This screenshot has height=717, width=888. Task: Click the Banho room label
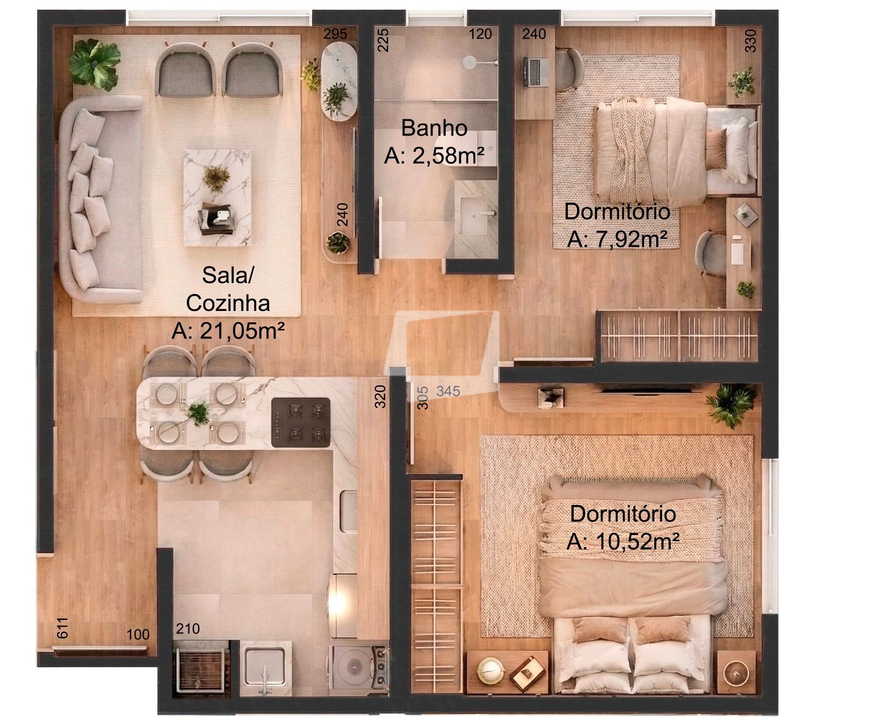point(434,128)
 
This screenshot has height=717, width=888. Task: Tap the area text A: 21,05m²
point(228,332)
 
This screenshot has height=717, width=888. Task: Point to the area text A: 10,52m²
point(623,542)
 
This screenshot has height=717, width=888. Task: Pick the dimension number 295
point(335,34)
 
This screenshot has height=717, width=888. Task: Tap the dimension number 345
point(448,391)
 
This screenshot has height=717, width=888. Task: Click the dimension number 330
point(750,41)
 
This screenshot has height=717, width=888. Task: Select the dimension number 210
point(188,629)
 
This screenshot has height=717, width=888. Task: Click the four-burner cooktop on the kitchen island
point(301,422)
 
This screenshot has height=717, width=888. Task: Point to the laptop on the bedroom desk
point(534,71)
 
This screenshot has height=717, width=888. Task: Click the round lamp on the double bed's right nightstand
point(735,671)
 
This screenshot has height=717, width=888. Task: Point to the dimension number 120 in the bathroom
point(480,34)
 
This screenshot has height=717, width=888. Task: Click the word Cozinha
point(228,303)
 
